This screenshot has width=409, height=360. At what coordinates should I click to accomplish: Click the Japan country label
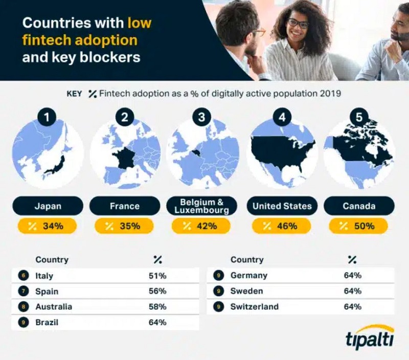point(48,206)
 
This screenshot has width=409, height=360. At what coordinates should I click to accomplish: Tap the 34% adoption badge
point(48,226)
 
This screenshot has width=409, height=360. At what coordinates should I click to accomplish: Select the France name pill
point(125,206)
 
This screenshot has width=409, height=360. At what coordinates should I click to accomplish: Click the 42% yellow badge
point(202,226)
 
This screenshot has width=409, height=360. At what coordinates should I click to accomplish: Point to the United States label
point(282,206)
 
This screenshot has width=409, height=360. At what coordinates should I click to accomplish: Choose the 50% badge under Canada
point(358,226)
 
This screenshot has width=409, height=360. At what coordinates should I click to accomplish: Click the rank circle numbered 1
point(48,118)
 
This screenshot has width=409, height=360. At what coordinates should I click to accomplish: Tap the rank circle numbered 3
point(202,118)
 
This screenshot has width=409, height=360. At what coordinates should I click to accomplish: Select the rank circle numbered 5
point(358,118)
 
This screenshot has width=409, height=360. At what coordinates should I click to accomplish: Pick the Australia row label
point(54,307)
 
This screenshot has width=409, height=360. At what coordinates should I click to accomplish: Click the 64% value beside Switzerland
point(353,307)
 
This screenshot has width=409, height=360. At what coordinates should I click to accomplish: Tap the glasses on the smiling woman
point(297,24)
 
